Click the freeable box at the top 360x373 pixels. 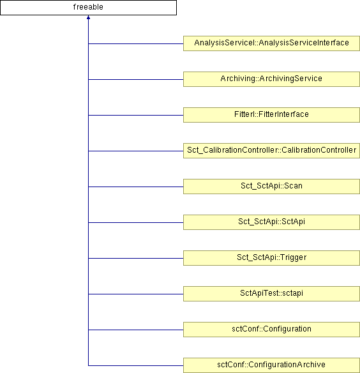coord(88,8)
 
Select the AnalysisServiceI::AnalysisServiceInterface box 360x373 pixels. coord(271,43)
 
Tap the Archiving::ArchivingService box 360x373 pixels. coord(271,79)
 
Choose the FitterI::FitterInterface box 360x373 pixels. coord(271,115)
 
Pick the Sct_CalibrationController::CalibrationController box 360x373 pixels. coord(271,151)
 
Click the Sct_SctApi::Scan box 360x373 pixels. coord(271,187)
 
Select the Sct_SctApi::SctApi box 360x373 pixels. coord(271,222)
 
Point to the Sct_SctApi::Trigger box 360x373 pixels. coord(271,258)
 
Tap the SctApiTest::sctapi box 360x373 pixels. coord(271,294)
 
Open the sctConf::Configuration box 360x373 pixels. coord(271,330)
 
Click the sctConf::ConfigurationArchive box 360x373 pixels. coord(271,365)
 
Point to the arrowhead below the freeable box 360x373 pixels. coord(88,17)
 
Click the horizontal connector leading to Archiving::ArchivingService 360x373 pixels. coord(136,79)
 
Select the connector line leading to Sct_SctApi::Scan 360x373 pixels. coord(136,187)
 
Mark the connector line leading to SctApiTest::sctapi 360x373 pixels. coord(136,294)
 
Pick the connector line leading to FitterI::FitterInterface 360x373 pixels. coord(136,115)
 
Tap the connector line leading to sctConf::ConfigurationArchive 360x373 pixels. coord(136,365)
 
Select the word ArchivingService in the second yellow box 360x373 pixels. coord(290,79)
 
